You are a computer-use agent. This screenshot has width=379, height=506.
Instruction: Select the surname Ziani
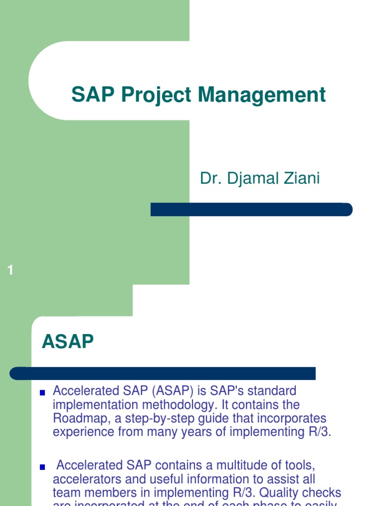(x=300, y=179)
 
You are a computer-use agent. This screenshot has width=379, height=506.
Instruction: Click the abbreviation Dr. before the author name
(x=210, y=179)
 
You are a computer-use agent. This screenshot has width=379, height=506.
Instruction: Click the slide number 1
(x=10, y=270)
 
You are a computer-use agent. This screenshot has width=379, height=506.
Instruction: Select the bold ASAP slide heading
(x=68, y=341)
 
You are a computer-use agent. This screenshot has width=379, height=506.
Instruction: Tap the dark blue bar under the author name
(x=251, y=210)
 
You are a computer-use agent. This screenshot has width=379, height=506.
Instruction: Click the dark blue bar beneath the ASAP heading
(x=163, y=373)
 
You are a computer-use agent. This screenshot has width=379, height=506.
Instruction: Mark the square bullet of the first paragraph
(x=42, y=393)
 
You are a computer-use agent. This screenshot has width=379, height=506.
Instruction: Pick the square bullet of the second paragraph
(x=42, y=467)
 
